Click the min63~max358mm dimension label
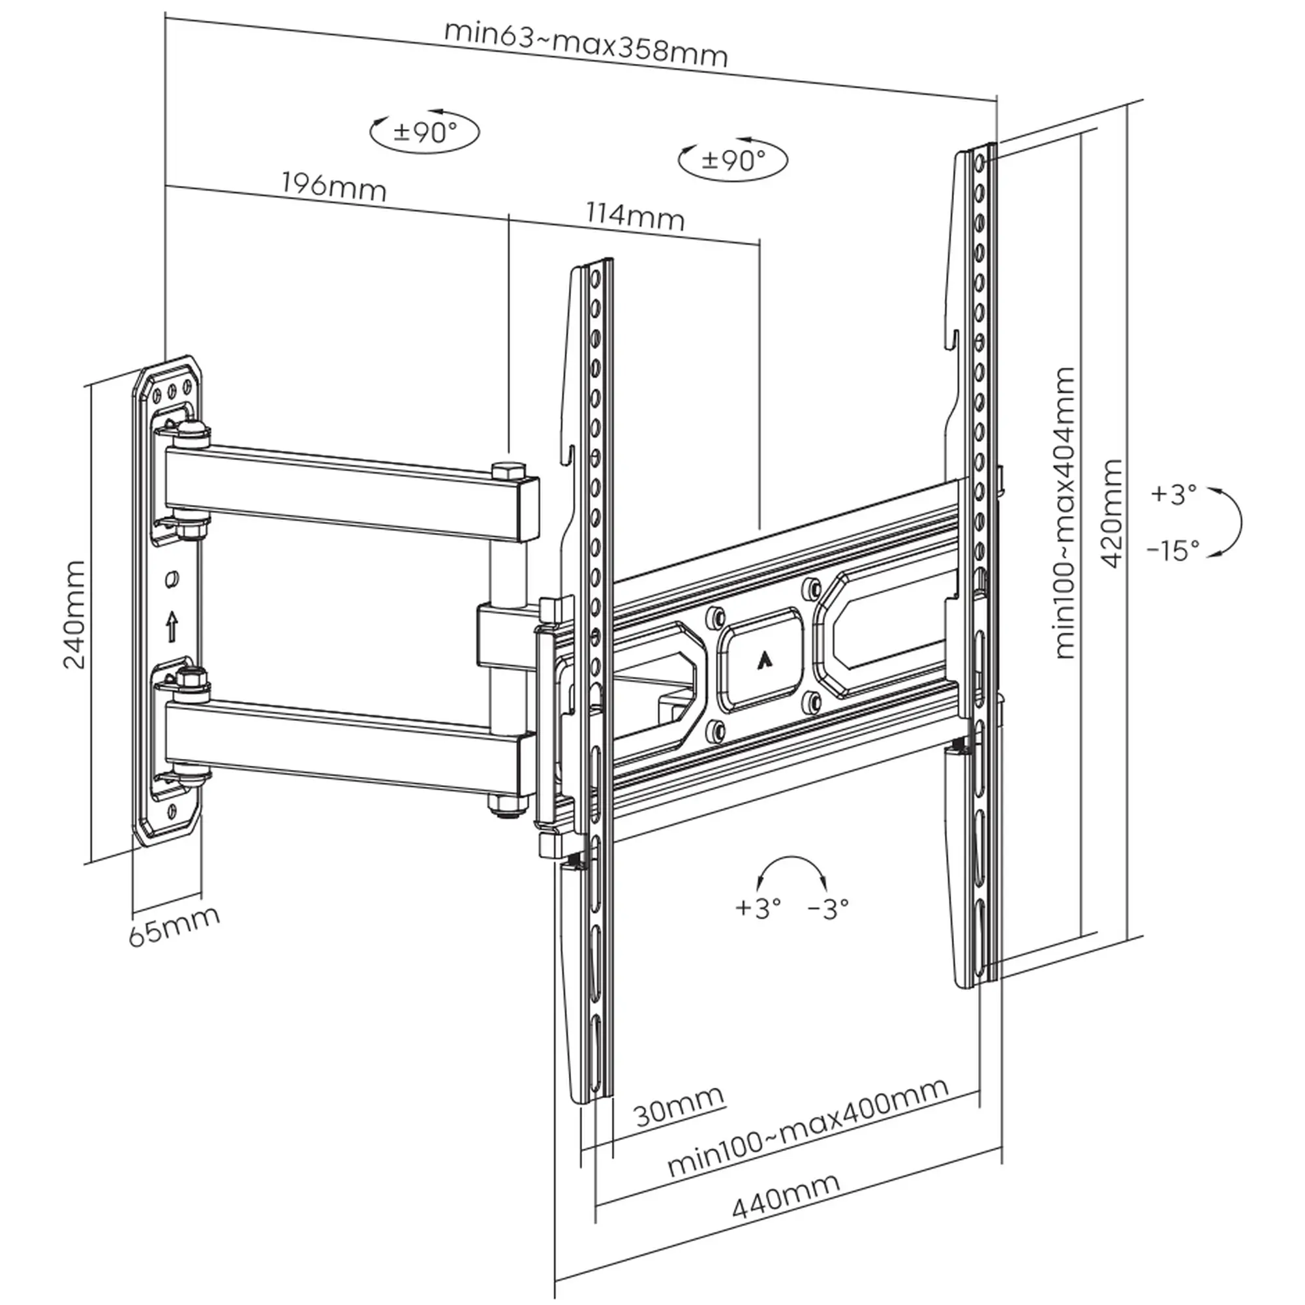[x=586, y=44]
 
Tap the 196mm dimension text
[x=333, y=187]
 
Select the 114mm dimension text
[x=634, y=216]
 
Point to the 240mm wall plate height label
[x=74, y=615]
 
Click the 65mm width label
[x=174, y=926]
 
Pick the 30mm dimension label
[x=679, y=1106]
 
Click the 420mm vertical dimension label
[x=1112, y=514]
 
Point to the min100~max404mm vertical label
[x=1063, y=514]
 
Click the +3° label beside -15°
[x=1173, y=495]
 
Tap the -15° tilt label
[x=1173, y=551]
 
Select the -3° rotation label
[x=828, y=908]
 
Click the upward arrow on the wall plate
[x=172, y=626]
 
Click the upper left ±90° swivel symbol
[x=424, y=132]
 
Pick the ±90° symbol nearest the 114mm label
[x=733, y=160]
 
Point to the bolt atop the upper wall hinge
[x=193, y=429]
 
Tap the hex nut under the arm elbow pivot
[x=506, y=805]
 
